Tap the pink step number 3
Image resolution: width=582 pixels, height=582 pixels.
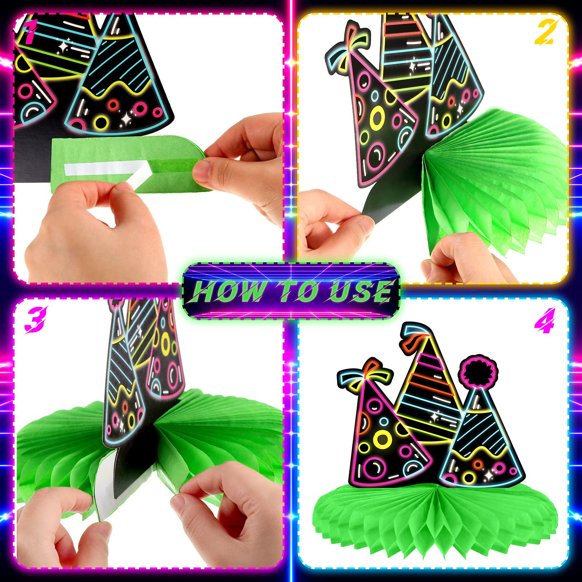(36, 319)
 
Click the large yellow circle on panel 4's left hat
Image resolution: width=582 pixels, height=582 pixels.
(383, 439)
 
